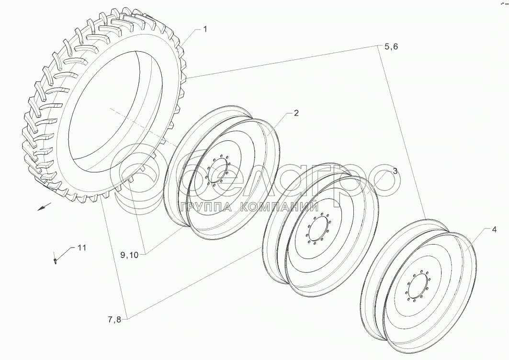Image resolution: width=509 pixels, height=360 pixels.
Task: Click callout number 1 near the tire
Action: [x=205, y=29]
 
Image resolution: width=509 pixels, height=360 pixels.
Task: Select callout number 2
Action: [x=296, y=113]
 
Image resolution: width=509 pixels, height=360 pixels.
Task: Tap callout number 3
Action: [x=395, y=171]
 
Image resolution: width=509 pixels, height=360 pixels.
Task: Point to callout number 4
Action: [x=494, y=230]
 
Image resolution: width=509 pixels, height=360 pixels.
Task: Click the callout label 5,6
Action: [x=391, y=47]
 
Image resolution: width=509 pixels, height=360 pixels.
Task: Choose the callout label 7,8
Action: [x=114, y=320]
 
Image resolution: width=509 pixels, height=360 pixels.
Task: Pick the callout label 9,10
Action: [x=129, y=255]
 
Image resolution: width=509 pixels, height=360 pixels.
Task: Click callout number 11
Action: [x=82, y=247]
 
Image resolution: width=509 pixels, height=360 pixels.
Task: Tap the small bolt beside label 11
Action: [x=55, y=261]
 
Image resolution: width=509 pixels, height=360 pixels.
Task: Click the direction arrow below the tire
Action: [x=44, y=206]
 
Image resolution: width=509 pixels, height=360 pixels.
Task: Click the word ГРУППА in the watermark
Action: [x=206, y=207]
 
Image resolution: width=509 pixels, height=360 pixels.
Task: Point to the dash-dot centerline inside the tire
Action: [x=143, y=127]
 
